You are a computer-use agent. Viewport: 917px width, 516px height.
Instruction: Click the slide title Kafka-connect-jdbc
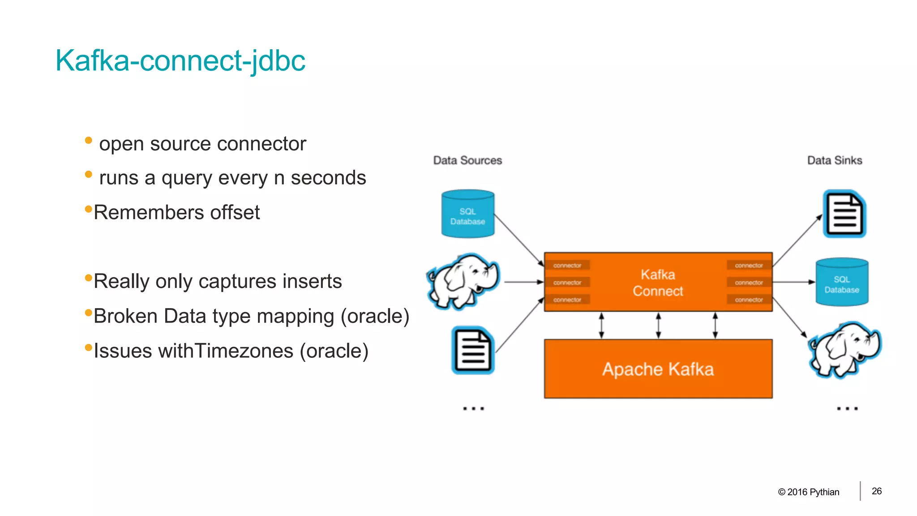180,60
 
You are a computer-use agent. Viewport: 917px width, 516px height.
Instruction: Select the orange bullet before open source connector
88,141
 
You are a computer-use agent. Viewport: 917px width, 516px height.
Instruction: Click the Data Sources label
467,160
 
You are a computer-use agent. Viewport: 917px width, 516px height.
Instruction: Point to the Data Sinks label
835,160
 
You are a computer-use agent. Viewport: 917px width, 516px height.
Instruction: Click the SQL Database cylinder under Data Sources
467,214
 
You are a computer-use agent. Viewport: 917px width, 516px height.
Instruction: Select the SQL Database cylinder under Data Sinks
842,283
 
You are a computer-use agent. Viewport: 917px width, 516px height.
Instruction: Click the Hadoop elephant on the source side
464,281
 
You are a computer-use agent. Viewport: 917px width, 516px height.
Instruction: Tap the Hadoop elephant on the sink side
844,349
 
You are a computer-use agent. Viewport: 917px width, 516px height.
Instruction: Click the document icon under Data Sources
473,350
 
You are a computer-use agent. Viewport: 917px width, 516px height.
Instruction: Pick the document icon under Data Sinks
844,214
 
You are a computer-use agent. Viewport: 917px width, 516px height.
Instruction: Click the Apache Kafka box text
658,369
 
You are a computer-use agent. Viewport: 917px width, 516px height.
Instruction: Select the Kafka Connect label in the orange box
658,283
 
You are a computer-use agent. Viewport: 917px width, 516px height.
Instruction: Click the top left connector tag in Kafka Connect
567,265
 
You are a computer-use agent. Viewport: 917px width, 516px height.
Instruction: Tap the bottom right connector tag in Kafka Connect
749,300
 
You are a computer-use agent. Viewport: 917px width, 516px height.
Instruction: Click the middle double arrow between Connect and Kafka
658,326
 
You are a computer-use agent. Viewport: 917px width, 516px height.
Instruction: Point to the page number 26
877,491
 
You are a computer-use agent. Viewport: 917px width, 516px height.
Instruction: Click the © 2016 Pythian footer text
809,492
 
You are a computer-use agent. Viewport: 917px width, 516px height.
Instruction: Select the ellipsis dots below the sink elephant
847,408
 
